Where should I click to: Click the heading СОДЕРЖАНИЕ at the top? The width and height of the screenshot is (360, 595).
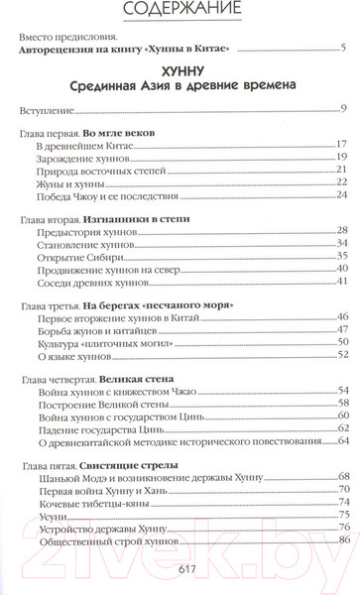pos(180,11)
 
